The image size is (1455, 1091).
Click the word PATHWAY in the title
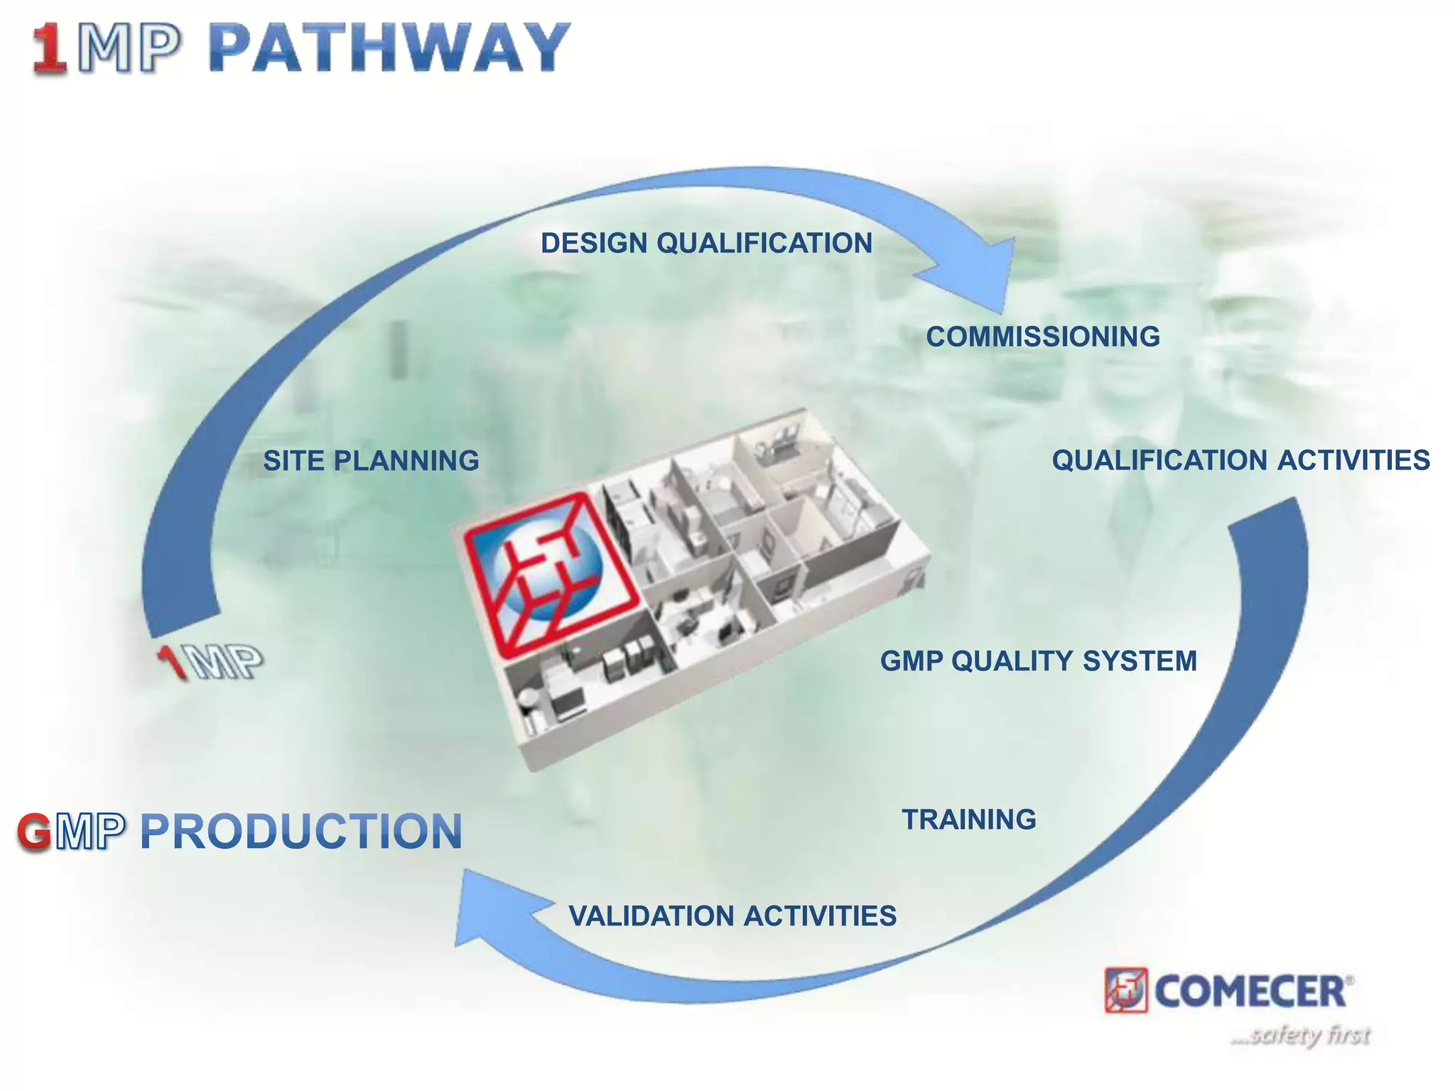(389, 48)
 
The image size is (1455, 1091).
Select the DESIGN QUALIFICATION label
(706, 243)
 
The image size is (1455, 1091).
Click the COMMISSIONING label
(1042, 337)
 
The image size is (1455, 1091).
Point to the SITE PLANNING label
(371, 461)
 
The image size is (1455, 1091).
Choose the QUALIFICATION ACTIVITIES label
(1240, 460)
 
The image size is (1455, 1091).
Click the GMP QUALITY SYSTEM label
(1038, 661)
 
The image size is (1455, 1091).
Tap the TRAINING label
(969, 820)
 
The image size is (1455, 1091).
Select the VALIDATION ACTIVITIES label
(732, 916)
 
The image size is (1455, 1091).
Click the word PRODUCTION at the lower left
(301, 832)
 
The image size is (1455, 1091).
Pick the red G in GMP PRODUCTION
(34, 832)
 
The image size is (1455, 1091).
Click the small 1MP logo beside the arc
(210, 662)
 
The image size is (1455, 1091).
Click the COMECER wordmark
(1250, 991)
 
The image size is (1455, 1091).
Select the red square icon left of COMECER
(1125, 990)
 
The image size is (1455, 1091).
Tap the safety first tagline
(1300, 1035)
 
